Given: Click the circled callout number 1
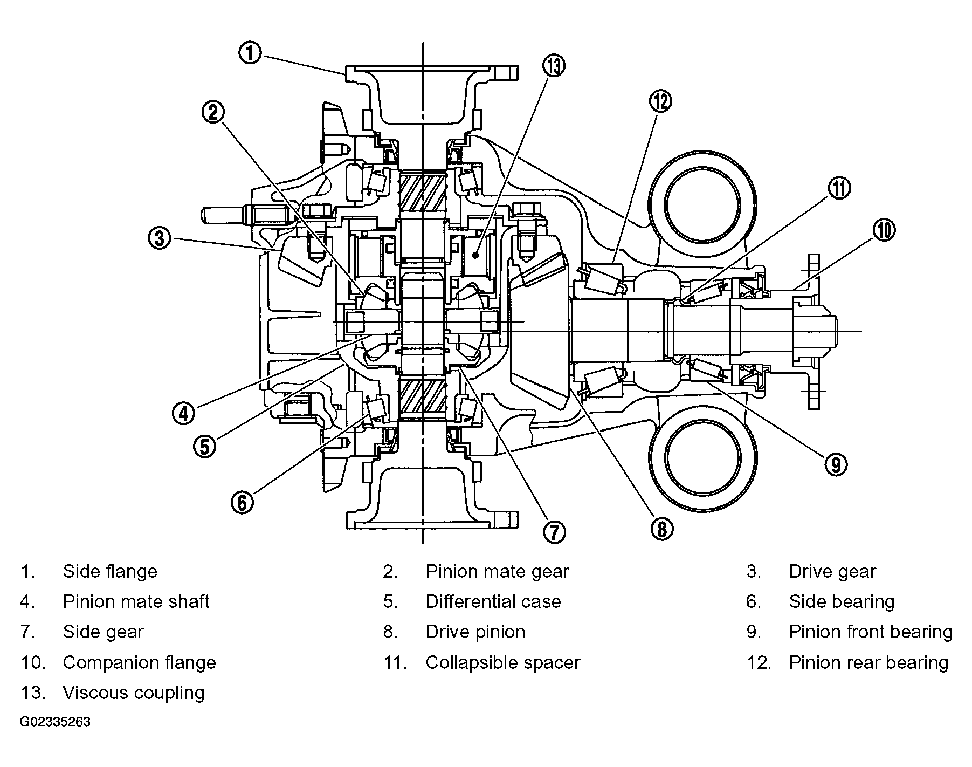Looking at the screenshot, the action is coord(250,54).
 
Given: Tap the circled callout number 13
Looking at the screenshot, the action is coord(554,66).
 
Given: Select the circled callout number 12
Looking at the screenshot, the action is coord(661,101).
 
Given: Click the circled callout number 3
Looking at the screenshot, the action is coord(160,238).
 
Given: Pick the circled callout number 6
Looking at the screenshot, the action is coord(242,503).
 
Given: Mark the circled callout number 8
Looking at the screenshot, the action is coord(662,529).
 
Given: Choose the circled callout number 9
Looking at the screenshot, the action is coord(836,464).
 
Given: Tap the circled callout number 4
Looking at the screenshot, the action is coord(184,414).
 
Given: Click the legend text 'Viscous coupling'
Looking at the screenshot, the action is coord(134,693).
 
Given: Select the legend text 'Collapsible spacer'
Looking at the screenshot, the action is coord(502,662).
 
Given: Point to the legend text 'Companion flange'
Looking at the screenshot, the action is coord(139,662).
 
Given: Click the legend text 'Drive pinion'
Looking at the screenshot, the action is coord(475,632).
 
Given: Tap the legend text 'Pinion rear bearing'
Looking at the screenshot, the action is coord(868,662).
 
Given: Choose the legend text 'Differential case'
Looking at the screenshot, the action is coord(493,601).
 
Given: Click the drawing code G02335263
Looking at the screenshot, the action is coord(56,722).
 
